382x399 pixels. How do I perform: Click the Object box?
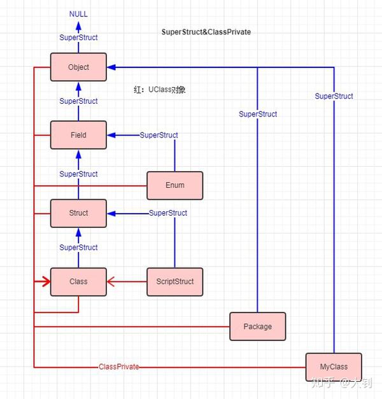78,67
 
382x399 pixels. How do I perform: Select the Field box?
78,135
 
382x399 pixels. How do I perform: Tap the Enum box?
174,185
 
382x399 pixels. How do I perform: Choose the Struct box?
78,213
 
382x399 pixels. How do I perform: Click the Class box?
78,281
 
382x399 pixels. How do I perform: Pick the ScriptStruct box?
174,281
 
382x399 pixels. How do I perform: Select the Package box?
257,326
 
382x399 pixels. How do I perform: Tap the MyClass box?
334,367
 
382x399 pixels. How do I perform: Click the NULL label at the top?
79,13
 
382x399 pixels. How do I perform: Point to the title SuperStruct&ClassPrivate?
206,32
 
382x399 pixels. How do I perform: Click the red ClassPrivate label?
118,367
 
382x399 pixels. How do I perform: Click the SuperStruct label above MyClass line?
334,96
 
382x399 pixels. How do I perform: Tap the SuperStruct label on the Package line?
258,114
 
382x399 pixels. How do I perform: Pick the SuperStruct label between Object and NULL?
78,38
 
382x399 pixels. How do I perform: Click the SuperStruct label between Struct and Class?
78,248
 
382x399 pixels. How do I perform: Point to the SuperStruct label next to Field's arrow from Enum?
159,135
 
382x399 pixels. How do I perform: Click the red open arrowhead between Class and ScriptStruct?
111,281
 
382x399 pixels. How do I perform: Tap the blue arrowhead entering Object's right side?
111,67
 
